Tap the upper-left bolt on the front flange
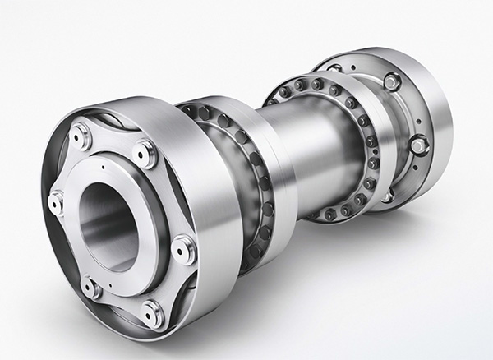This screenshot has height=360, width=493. pyautogui.click(x=81, y=135)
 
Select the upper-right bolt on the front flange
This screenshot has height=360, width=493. pyautogui.click(x=145, y=153)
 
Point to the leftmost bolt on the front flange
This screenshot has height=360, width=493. pyautogui.click(x=56, y=201)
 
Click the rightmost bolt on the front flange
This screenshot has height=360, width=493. pyautogui.click(x=184, y=248)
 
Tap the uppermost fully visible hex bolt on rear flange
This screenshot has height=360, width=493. pyautogui.click(x=392, y=81)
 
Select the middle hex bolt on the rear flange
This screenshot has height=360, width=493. pyautogui.click(x=418, y=145)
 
